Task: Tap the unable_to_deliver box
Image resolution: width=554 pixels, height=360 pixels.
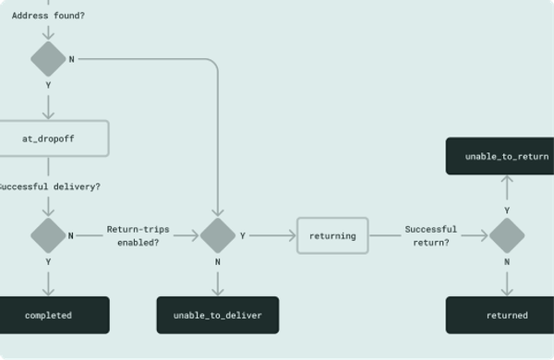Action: [218, 316]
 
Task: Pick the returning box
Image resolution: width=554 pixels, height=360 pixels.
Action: [332, 235]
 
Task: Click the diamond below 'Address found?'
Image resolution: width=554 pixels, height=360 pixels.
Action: [48, 59]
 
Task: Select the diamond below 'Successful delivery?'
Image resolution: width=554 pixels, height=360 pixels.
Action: [48, 235]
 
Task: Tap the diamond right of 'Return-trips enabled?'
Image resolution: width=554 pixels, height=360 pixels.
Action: [218, 235]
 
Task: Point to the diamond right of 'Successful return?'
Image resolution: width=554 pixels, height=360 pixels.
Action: [507, 235]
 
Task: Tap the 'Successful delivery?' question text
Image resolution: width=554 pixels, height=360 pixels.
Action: [48, 186]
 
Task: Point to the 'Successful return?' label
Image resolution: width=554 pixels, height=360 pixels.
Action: [430, 235]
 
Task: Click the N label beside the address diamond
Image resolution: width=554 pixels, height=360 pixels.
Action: [72, 59]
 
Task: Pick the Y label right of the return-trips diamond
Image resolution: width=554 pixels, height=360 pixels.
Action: [243, 235]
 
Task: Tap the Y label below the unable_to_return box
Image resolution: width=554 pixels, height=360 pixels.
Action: [507, 210]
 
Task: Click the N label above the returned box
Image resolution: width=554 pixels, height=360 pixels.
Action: [507, 261]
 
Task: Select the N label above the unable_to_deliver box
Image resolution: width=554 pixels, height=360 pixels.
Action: [218, 261]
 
